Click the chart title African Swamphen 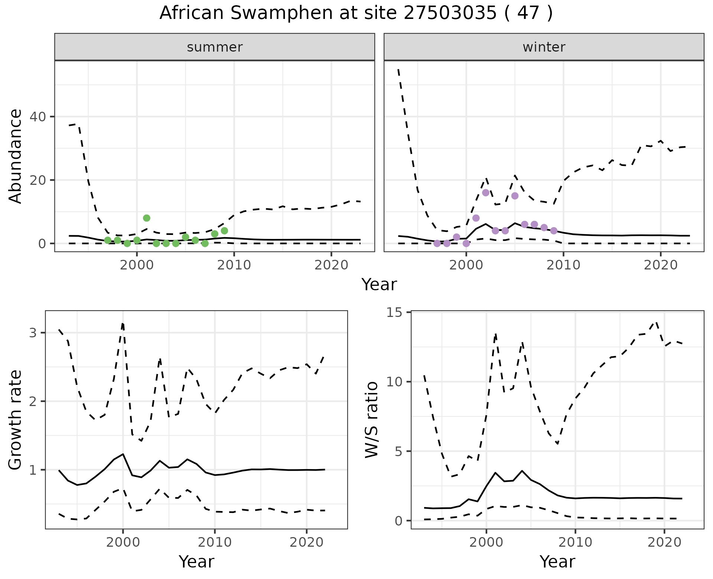tap(356, 13)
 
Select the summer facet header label tap(215, 47)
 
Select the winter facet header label tap(544, 47)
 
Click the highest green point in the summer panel tap(147, 218)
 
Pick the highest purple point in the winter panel tap(486, 193)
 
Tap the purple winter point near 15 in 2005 tap(515, 196)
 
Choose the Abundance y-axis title tap(16, 156)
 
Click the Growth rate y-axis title tap(16, 420)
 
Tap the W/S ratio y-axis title tap(371, 420)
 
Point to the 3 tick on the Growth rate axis tap(33, 333)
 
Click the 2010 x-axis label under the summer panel tap(234, 265)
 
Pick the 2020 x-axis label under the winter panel tap(661, 265)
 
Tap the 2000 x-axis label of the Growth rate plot tap(123, 542)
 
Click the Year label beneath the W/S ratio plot tap(557, 562)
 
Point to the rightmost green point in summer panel tap(224, 231)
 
